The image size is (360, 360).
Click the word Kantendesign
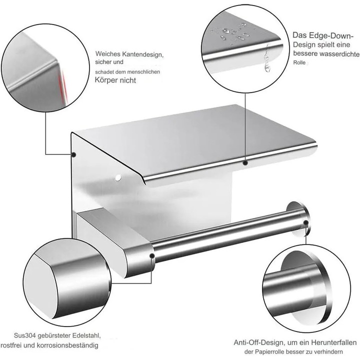click(143, 54)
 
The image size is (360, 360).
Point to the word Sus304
click(25, 335)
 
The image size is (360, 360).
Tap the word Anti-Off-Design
click(258, 342)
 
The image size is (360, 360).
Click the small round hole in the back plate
click(118, 177)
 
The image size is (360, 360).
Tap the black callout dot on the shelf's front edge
click(245, 163)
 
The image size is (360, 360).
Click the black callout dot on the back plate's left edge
click(73, 154)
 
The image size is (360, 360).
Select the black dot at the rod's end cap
click(305, 222)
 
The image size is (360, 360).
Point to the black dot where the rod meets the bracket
click(152, 256)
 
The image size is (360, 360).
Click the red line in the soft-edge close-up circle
click(62, 86)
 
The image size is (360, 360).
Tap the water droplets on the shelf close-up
click(232, 33)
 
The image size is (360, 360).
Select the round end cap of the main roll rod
click(299, 218)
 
